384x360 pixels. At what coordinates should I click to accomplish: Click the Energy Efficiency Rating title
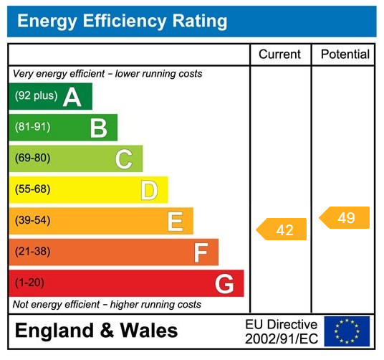point(122,22)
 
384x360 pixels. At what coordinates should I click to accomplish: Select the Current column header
point(280,55)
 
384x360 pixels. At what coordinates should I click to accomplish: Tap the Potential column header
point(345,55)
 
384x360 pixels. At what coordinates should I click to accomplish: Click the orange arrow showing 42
point(282,229)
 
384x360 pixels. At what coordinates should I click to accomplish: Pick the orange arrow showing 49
point(345,218)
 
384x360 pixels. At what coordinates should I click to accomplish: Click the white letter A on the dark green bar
point(72,97)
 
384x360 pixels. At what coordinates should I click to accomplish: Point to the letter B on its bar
point(98,128)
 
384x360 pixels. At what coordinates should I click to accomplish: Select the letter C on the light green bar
point(123,159)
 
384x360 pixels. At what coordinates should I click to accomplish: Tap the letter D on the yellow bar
point(149,190)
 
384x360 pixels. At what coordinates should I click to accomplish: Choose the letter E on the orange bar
point(175,222)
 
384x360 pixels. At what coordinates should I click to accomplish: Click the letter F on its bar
point(201,252)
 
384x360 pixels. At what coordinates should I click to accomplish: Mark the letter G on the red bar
point(224,284)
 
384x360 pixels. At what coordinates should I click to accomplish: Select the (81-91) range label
point(32,128)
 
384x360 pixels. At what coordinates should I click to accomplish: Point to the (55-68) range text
point(32,190)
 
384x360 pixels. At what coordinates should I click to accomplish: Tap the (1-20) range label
point(29,283)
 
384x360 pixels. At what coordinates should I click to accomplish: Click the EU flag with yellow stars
point(347,331)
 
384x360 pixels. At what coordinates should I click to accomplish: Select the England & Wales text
point(97,331)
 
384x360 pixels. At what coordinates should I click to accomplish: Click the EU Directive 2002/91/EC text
point(281,331)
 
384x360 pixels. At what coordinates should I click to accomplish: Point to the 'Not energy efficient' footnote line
point(107,305)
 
